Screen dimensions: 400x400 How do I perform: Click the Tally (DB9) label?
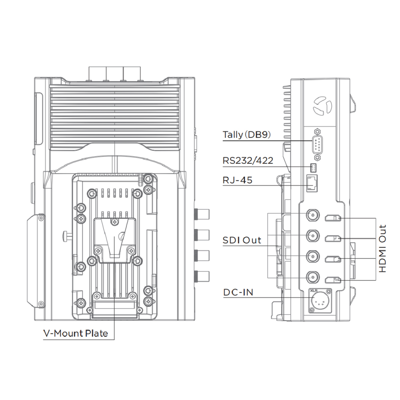pos(246,134)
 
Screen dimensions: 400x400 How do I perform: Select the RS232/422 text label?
pos(248,160)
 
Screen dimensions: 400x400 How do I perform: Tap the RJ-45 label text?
pos(237,180)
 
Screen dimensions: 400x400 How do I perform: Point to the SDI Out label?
pos(242,240)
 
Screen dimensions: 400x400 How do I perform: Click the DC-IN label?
pos(238,292)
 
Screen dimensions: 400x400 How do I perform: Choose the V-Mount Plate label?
pos(76,334)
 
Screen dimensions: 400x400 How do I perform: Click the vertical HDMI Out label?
pos(382,248)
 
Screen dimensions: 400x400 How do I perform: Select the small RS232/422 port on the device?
pos(314,167)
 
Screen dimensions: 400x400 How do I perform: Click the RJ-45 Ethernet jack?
pos(312,184)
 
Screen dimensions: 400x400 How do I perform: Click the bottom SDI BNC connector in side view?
pos(313,276)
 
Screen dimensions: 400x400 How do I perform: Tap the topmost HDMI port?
pos(333,218)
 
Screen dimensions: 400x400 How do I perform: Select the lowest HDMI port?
pos(333,280)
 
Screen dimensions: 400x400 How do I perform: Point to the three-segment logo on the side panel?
pos(322,105)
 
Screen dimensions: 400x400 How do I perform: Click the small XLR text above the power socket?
pos(313,290)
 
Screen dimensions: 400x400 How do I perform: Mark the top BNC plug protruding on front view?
pos(202,214)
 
